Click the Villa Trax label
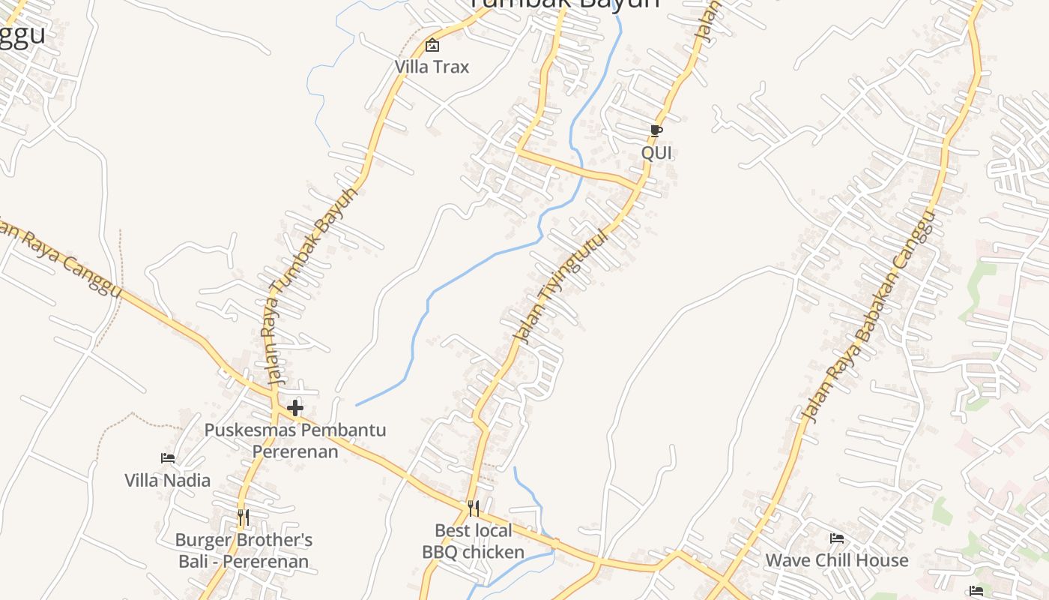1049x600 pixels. click(432, 67)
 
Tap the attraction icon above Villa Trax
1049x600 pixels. click(432, 45)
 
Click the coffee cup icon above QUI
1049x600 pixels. click(656, 131)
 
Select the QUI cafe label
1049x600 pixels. click(656, 153)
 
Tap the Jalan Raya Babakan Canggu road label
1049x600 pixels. click(869, 317)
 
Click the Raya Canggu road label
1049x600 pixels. click(60, 259)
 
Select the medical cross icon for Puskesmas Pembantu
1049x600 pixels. click(295, 408)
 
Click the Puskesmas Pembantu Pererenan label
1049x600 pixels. click(295, 441)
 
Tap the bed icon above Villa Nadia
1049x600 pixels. click(168, 457)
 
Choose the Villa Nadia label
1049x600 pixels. click(168, 480)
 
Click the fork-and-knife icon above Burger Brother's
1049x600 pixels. click(243, 517)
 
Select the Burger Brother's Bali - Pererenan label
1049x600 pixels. click(244, 550)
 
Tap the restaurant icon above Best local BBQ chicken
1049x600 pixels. click(473, 508)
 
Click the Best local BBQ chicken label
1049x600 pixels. click(474, 541)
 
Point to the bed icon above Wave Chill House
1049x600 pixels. click(837, 538)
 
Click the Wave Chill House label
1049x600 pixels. click(837, 560)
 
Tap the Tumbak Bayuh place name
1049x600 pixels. click(565, 4)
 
